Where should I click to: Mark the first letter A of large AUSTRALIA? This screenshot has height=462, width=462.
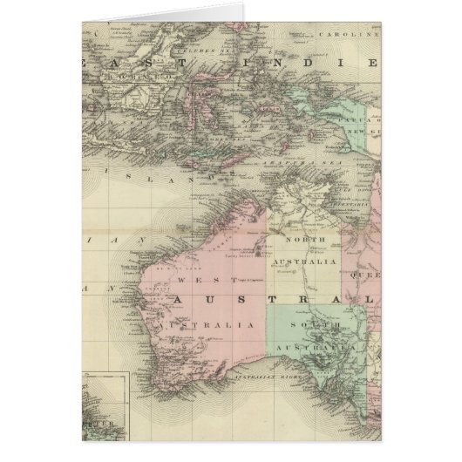(x=180, y=299)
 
